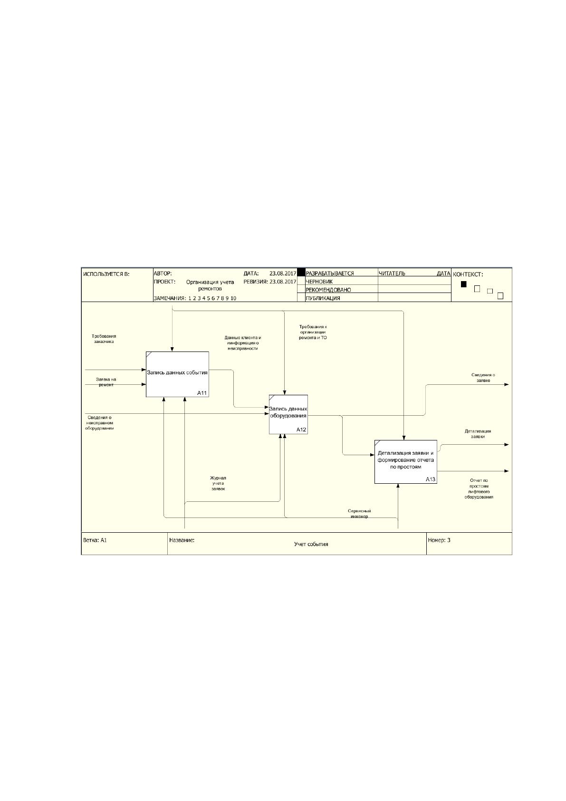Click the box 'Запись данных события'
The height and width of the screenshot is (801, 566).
click(177, 374)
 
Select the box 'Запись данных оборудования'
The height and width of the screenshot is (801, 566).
click(288, 414)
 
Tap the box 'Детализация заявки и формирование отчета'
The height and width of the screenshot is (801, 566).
click(406, 462)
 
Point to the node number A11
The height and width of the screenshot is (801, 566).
click(202, 393)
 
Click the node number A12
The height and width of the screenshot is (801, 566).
click(301, 430)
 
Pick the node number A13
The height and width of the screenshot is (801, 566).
click(431, 479)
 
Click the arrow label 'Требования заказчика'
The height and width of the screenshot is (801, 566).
click(104, 339)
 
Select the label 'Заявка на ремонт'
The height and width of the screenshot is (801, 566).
click(106, 382)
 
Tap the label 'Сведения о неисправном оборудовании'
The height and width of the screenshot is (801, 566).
click(99, 423)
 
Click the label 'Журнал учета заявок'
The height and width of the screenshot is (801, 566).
click(218, 483)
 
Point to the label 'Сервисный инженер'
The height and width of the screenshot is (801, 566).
click(359, 514)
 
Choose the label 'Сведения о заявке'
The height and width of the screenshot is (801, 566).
click(483, 378)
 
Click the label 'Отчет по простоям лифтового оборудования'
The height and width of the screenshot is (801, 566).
click(479, 489)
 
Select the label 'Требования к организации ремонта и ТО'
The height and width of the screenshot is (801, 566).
click(313, 332)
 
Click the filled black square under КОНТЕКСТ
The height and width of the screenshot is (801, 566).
click(464, 284)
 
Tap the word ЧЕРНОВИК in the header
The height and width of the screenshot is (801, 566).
click(319, 282)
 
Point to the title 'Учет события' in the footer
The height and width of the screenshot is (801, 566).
click(311, 544)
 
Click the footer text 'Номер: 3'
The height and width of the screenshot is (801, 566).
click(439, 540)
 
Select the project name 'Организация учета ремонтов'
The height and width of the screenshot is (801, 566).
click(210, 285)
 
